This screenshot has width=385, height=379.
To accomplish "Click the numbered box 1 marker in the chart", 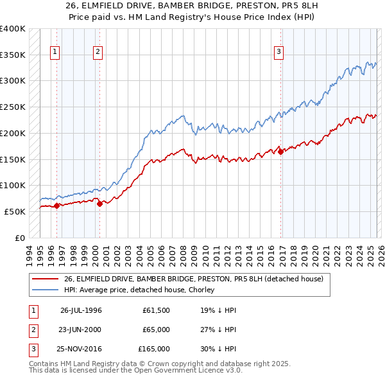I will tap(55, 53).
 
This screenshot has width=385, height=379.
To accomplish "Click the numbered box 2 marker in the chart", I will tap(98, 53).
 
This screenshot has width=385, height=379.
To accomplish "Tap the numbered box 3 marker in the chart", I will tap(280, 53).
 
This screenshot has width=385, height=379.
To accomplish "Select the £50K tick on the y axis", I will tap(15, 211).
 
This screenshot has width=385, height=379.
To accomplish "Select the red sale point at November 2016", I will tap(280, 152).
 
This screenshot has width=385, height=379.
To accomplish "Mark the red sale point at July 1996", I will tap(56, 206).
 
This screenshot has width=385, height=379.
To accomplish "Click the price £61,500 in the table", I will tap(157, 310).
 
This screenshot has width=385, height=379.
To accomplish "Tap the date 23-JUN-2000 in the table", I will tap(81, 330).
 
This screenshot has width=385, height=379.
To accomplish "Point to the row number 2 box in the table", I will tap(32, 330).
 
